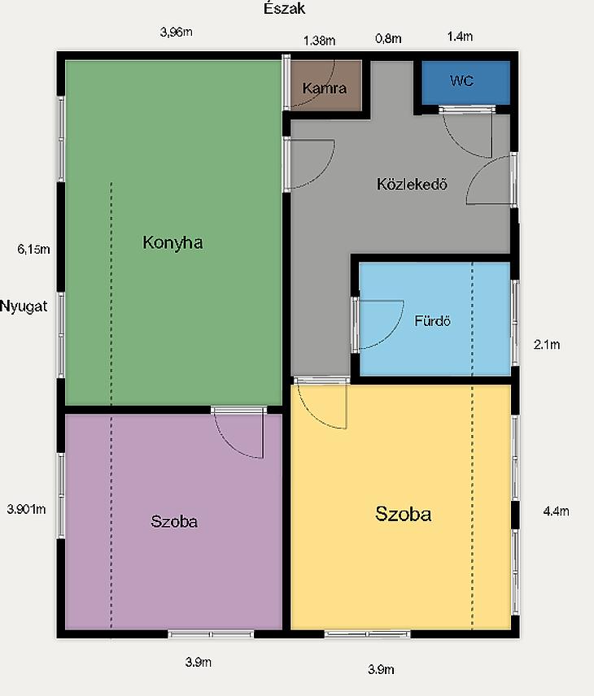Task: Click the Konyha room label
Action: tap(173, 242)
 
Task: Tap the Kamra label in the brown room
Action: tap(325, 88)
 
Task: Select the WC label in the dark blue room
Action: tap(461, 80)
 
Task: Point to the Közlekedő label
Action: tap(412, 184)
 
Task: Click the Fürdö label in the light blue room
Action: tap(432, 320)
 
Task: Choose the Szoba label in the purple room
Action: tap(174, 521)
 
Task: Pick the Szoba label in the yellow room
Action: tap(404, 514)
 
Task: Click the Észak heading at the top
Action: tap(284, 8)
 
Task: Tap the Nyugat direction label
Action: tap(24, 307)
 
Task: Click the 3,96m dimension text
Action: tap(177, 32)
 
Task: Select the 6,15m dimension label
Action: tap(33, 249)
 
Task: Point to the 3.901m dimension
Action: tap(26, 509)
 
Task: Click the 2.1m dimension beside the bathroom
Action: tap(547, 345)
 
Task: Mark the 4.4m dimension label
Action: tap(557, 511)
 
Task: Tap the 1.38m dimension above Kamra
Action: tap(320, 41)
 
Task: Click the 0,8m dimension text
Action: tap(388, 38)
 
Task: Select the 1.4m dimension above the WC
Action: tap(460, 37)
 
